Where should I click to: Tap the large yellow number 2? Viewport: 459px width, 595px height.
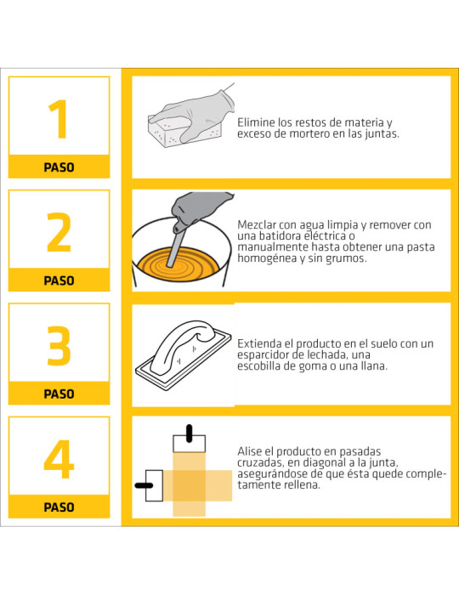pyautogui.click(x=59, y=232)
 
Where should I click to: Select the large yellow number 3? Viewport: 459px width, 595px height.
pyautogui.click(x=59, y=345)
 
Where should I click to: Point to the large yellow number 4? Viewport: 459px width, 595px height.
pyautogui.click(x=59, y=459)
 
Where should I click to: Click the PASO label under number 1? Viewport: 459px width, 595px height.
pyautogui.click(x=59, y=167)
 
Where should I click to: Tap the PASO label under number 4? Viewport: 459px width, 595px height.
pyautogui.click(x=59, y=507)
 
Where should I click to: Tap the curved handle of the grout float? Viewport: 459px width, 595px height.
pyautogui.click(x=182, y=343)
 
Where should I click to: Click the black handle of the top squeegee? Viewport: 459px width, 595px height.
pyautogui.click(x=190, y=433)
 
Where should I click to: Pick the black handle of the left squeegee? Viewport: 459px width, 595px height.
pyautogui.click(x=144, y=485)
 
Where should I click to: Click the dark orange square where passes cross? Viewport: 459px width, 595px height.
pyautogui.click(x=190, y=485)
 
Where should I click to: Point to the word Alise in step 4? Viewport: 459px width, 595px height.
pyautogui.click(x=250, y=451)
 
